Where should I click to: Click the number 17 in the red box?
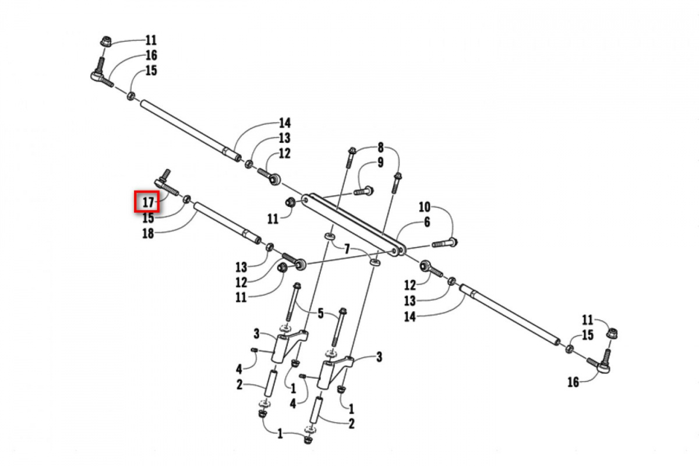click(148, 203)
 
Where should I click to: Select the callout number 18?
click(148, 233)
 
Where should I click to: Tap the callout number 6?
click(427, 222)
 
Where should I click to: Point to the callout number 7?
click(347, 249)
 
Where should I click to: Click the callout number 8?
click(380, 147)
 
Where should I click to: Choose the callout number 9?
click(380, 163)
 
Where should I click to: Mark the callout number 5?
click(320, 315)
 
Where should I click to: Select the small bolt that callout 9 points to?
click(363, 190)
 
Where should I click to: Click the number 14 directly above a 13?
click(284, 123)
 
